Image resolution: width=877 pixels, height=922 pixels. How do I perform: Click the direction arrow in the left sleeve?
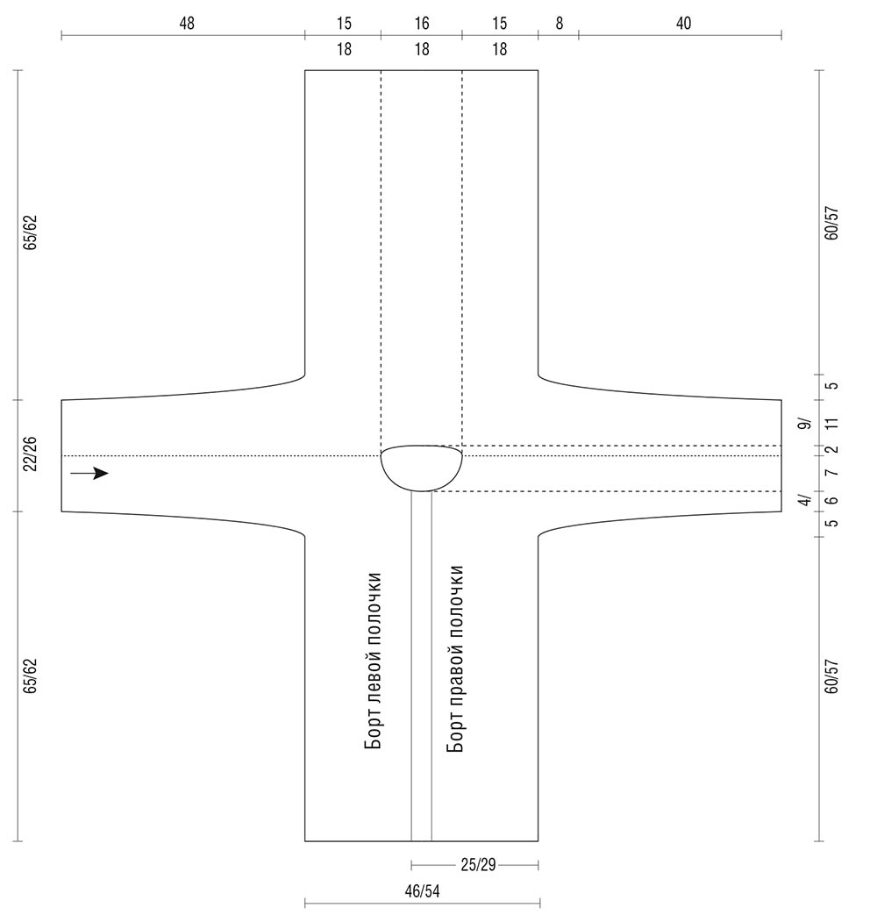[89, 474]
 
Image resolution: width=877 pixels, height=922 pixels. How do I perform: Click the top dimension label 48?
[187, 24]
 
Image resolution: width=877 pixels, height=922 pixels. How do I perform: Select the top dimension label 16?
[422, 24]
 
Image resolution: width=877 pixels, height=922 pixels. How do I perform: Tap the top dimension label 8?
[559, 24]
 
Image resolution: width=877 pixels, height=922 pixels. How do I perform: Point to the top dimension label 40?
[683, 24]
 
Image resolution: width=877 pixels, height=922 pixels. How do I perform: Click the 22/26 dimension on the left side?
[30, 454]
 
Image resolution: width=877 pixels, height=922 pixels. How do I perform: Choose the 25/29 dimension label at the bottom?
[479, 865]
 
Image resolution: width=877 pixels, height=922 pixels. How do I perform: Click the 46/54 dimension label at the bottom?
[422, 891]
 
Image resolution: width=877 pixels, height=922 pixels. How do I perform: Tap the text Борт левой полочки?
[374, 661]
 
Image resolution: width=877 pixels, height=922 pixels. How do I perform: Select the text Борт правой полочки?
[455, 659]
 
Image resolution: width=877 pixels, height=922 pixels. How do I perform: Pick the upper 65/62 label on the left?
[30, 232]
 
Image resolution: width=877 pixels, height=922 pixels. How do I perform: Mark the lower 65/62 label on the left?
[30, 675]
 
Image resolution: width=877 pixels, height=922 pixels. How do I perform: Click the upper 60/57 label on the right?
[831, 223]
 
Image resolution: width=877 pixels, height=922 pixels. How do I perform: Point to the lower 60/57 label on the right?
[831, 676]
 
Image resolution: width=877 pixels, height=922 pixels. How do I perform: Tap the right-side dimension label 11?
[831, 424]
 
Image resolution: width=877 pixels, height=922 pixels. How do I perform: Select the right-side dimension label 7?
[831, 473]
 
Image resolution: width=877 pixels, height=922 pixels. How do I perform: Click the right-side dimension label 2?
[831, 450]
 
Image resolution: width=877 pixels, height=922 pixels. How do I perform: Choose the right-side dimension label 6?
[831, 500]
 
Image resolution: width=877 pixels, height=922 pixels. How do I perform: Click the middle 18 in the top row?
[422, 49]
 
